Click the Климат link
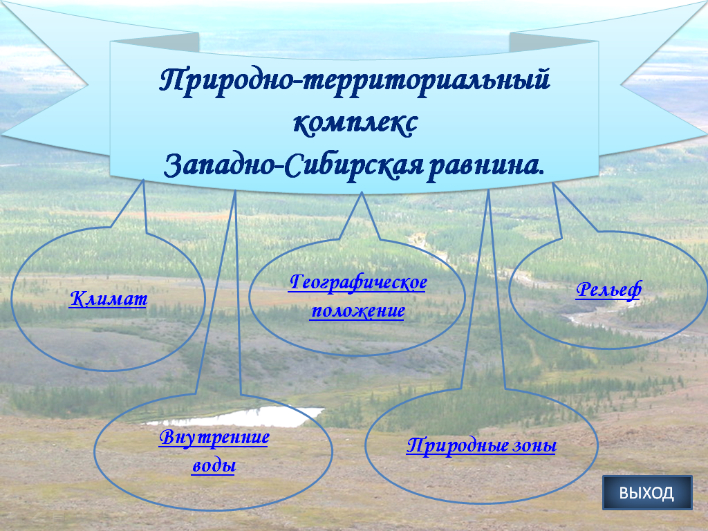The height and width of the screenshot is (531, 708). (x=109, y=299)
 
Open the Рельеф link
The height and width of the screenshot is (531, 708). (x=608, y=290)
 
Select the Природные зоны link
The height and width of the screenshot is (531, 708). (x=481, y=445)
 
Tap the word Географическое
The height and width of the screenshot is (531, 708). (x=357, y=283)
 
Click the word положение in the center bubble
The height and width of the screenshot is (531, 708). (x=357, y=310)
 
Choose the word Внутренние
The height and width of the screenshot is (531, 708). (x=214, y=438)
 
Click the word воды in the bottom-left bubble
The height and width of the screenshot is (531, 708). (x=214, y=465)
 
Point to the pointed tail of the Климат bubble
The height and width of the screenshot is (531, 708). (x=144, y=181)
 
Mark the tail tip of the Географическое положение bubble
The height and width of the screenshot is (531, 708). (x=362, y=194)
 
